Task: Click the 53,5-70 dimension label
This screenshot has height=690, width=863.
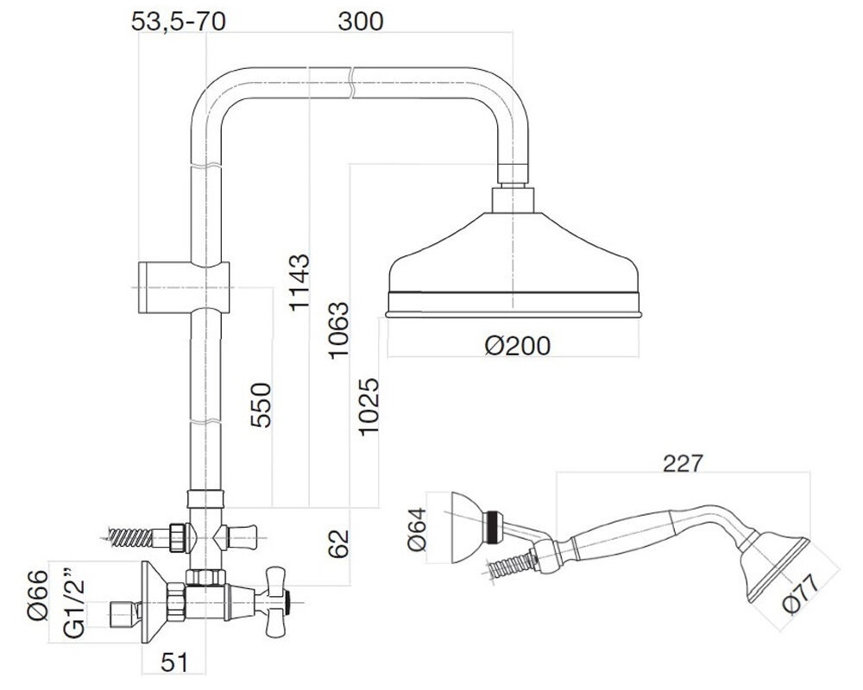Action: point(179,22)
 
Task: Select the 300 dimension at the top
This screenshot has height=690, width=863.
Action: point(360,22)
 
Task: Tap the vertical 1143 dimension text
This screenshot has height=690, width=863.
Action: point(300,282)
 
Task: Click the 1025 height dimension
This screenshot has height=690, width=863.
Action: point(369,406)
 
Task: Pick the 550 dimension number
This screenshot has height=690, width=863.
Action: point(261,405)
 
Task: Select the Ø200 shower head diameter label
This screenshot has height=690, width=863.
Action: point(517,346)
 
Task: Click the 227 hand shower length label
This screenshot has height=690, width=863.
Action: point(683,463)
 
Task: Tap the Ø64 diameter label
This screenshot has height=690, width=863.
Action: point(418,529)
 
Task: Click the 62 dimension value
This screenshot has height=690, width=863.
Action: point(339,543)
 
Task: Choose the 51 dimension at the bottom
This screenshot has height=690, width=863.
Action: point(174,663)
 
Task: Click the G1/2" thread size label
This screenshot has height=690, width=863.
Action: point(75,602)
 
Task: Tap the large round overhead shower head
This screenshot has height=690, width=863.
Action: point(513,265)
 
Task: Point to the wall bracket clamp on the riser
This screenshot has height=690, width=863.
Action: point(183,287)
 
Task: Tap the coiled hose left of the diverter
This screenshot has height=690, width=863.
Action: point(129,536)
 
